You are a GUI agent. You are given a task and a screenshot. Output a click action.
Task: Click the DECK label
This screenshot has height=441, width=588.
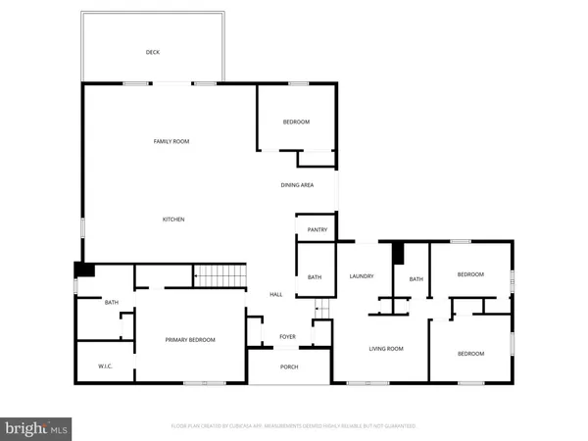pyautogui.click(x=152, y=52)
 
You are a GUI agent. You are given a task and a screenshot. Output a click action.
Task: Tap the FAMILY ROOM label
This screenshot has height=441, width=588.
pyautogui.click(x=171, y=141)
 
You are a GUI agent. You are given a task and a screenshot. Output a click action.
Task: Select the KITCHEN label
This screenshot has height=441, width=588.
pyautogui.click(x=173, y=219)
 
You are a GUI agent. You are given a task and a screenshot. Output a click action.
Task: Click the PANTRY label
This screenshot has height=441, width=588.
pyautogui.click(x=316, y=230)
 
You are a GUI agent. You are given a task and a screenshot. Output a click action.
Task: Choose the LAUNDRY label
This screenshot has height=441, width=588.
pyautogui.click(x=362, y=276)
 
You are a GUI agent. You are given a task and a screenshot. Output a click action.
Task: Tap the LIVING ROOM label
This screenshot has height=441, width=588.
pyautogui.click(x=385, y=349)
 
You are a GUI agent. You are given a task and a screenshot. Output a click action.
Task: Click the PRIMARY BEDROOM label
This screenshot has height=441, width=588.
pyautogui.click(x=190, y=339)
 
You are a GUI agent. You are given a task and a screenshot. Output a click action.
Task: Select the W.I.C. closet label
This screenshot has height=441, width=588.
pyautogui.click(x=107, y=367)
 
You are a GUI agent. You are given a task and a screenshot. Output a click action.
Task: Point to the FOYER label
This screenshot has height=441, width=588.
pyautogui.click(x=287, y=336)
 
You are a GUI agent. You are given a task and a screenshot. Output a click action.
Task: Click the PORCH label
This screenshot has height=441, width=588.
pyautogui.click(x=288, y=367)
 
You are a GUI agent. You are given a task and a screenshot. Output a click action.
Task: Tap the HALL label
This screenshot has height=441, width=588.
pyautogui.click(x=276, y=295)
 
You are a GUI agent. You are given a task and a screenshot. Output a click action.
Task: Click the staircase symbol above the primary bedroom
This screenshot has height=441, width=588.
pyautogui.click(x=218, y=276)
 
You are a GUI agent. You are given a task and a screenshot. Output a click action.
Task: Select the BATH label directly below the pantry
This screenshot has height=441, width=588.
pyautogui.click(x=315, y=277)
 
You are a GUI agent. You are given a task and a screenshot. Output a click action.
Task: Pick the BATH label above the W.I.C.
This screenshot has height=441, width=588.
pyautogui.click(x=112, y=303)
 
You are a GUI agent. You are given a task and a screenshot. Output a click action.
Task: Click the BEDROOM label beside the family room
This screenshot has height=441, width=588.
pyautogui.click(x=296, y=122)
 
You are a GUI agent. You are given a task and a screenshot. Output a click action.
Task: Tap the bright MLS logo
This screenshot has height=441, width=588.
pyautogui.click(x=37, y=427)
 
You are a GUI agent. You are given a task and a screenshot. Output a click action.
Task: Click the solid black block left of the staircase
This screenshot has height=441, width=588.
pyautogui.click(x=84, y=271)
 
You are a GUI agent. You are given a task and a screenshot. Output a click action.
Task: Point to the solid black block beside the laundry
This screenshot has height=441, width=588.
pyautogui.click(x=398, y=253)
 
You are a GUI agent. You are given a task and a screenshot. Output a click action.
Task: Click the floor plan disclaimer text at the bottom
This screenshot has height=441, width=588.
pyautogui.click(x=294, y=426)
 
